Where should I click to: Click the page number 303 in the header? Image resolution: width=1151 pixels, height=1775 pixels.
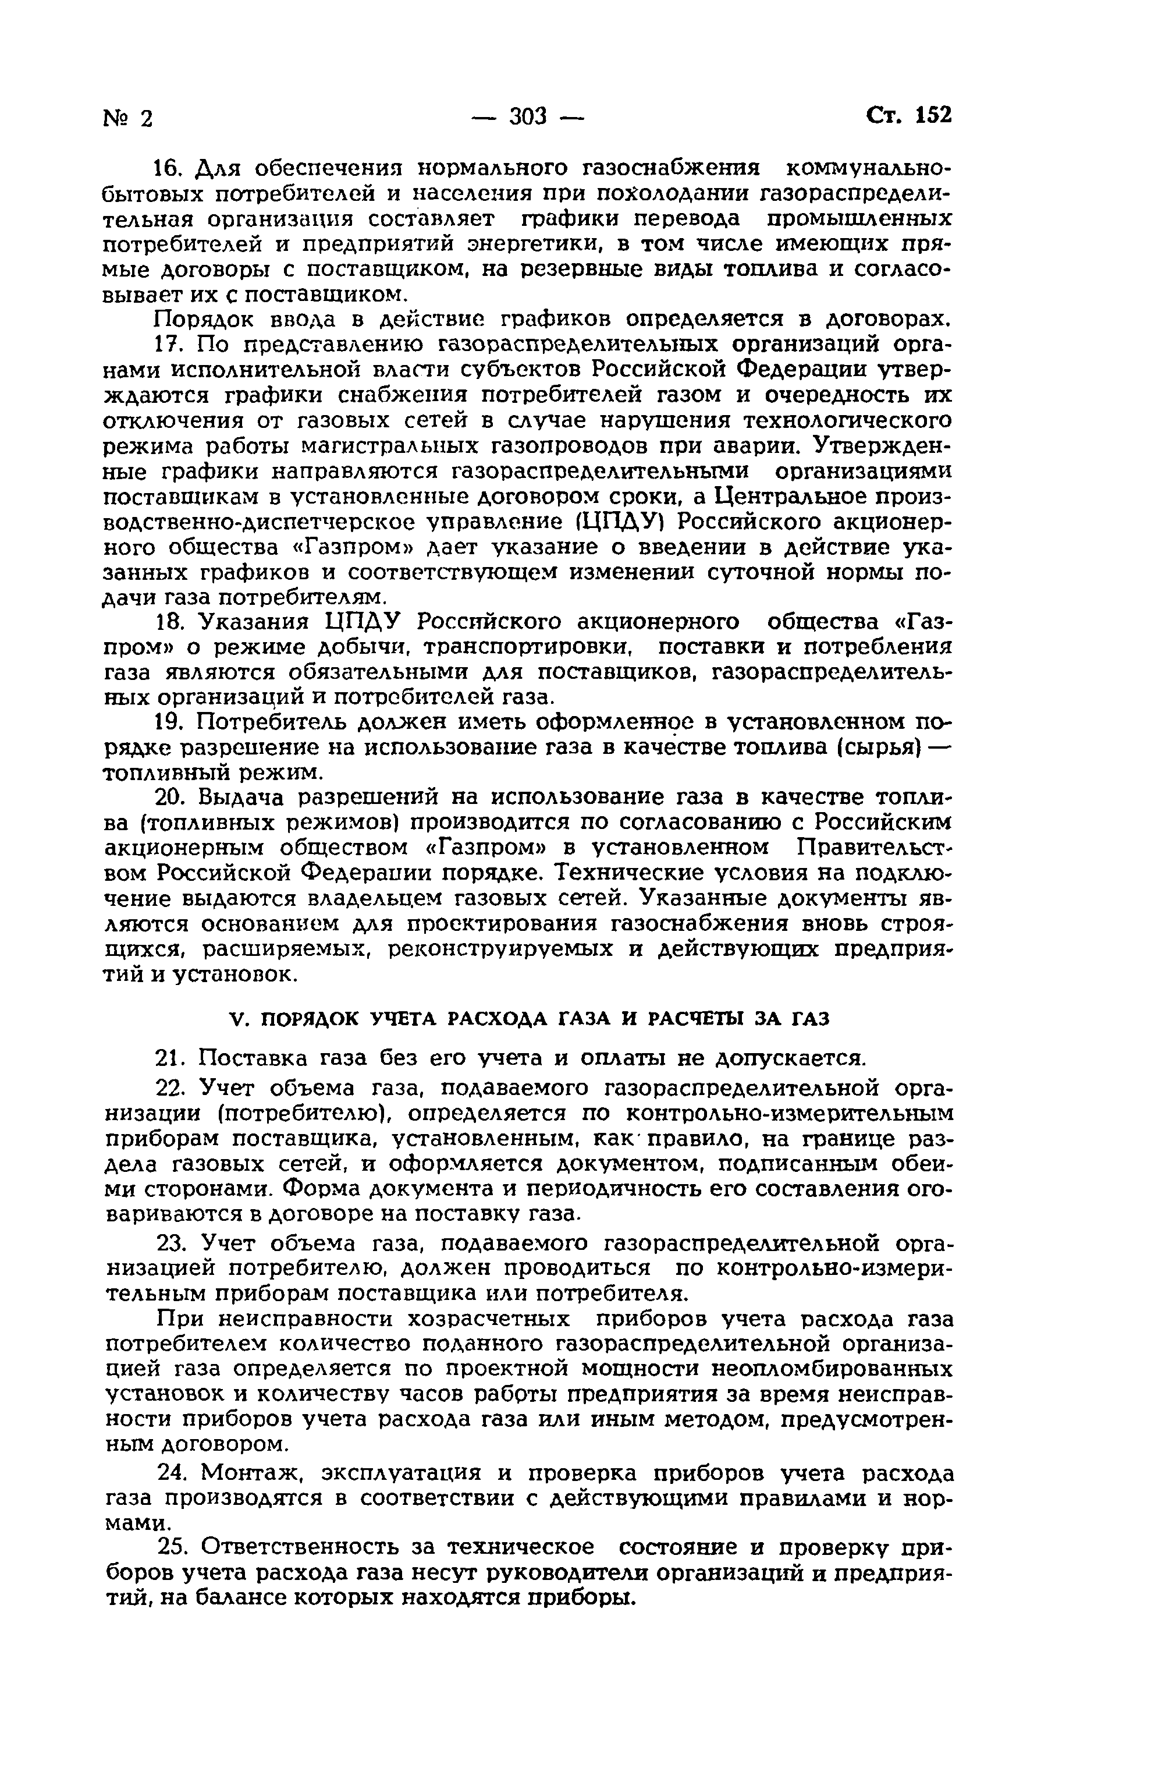pos(528,116)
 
